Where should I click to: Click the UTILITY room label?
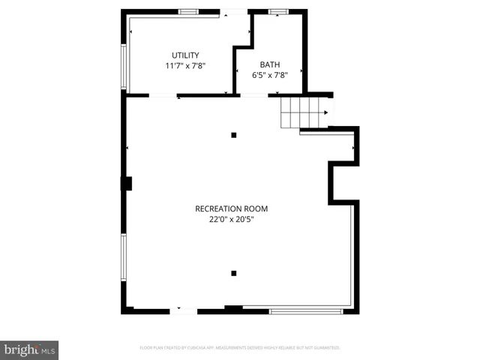(185, 55)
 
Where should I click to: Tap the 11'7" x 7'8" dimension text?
(185, 66)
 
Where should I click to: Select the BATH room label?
(270, 64)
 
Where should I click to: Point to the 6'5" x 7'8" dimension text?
(270, 74)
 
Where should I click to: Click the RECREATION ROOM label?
(231, 208)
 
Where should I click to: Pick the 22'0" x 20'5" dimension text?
(231, 220)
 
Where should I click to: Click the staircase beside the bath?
(298, 112)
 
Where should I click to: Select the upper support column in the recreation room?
(234, 135)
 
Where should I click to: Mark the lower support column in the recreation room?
(234, 273)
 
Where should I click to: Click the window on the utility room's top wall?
(188, 12)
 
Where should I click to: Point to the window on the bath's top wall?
(279, 12)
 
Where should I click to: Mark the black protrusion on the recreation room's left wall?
(127, 182)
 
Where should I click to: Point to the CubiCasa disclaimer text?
(240, 348)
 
